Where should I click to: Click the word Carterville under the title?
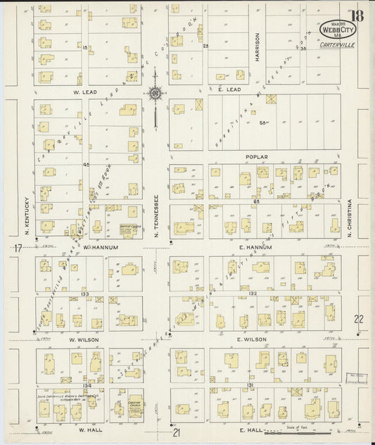coord(335,45)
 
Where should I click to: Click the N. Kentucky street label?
coord(26,215)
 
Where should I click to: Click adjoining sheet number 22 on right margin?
coord(359,318)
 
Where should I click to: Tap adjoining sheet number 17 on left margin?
coord(17,247)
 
